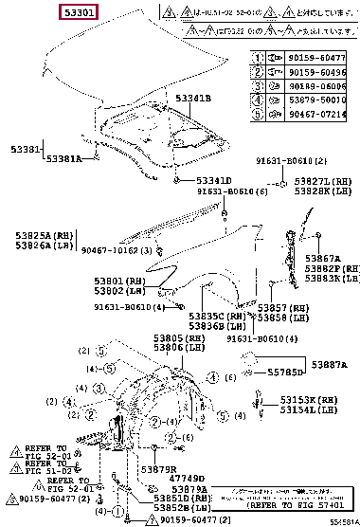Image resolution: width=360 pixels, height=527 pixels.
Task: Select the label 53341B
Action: [194, 99]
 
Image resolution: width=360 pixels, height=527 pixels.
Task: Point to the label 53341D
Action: [213, 179]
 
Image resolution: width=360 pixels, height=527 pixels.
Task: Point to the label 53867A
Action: [328, 259]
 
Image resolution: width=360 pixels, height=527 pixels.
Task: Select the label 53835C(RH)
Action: [217, 317]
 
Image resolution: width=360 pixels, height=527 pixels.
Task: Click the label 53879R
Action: [159, 469]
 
